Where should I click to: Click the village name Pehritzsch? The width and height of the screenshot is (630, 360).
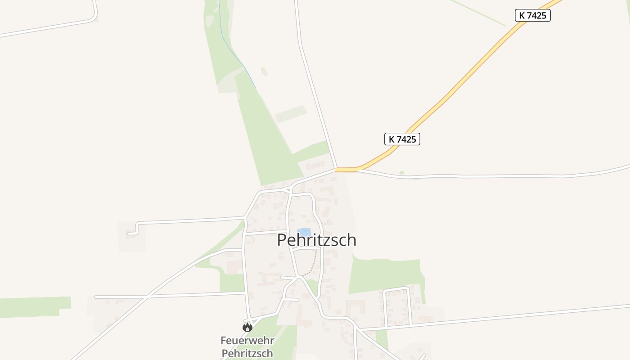316,240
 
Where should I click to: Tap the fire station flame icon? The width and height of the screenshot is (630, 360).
247,327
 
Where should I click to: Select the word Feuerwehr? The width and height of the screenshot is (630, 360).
247,341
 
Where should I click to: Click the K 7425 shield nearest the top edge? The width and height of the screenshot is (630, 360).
533,15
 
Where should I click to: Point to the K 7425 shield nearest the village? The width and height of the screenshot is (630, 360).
402,139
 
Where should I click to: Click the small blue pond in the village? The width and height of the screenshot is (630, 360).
304,232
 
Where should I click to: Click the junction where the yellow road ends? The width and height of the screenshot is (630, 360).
336,170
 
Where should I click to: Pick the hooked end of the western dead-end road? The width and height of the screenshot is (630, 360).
130,233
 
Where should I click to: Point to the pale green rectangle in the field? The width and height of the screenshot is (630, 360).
291,114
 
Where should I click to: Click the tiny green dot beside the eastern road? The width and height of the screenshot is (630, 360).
401,173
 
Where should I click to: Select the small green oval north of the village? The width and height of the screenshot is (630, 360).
264,71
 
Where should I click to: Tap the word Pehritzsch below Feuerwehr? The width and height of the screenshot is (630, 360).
247,353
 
